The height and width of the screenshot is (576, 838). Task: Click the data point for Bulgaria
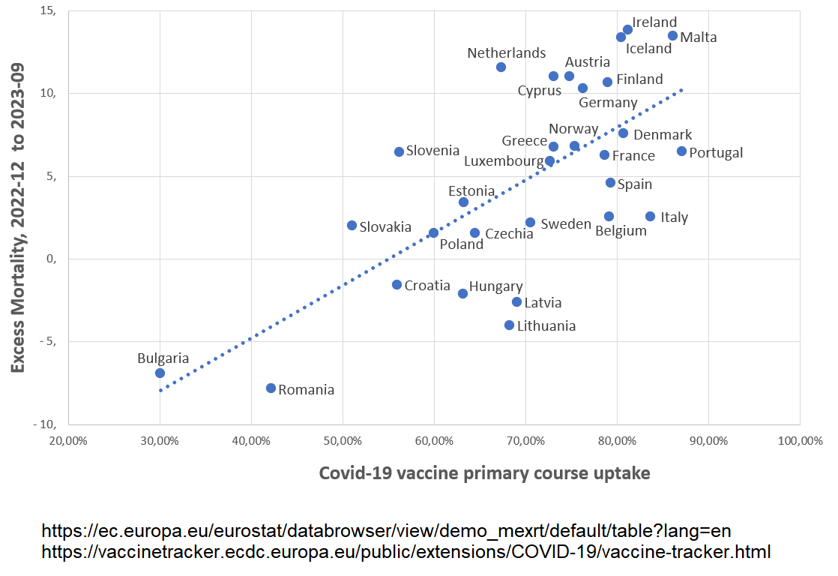[160, 373]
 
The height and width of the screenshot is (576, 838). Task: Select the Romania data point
[271, 388]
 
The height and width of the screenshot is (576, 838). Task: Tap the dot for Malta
[672, 35]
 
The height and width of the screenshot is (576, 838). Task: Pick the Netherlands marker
[501, 67]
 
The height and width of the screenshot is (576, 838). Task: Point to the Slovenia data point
[399, 151]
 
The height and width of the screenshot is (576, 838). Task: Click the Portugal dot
[681, 151]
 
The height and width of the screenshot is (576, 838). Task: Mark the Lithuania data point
[509, 325]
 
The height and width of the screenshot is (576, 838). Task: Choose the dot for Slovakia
[352, 225]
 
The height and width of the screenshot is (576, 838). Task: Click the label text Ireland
[654, 22]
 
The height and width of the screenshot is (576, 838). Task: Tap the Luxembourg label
[503, 161]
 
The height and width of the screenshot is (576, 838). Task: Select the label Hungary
[495, 286]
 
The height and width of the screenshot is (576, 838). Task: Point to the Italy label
[674, 217]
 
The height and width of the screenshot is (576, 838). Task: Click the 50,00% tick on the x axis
[343, 441]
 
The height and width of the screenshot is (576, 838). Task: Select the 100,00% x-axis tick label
[799, 441]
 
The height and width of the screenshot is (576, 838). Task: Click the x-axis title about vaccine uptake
[484, 473]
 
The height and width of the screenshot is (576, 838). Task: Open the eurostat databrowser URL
[386, 532]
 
